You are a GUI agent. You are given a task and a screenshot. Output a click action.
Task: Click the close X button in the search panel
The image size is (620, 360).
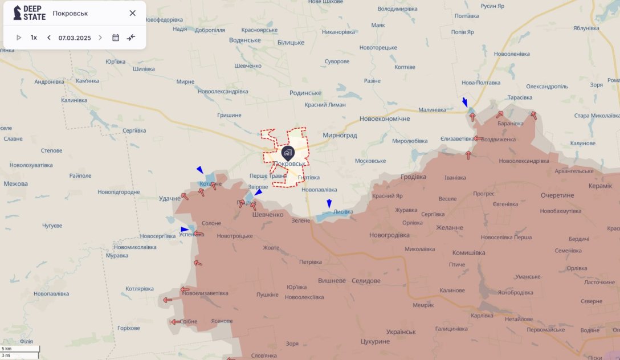[x=132, y=13]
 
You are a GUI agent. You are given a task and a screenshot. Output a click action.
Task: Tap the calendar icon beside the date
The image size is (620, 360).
[x=116, y=38]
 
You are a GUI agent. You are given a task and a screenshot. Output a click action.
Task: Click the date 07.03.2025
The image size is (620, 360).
[x=75, y=38]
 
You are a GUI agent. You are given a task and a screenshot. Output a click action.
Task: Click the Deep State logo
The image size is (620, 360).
[x=29, y=13]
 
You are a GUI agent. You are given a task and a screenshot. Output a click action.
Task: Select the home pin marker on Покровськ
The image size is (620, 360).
[x=288, y=153]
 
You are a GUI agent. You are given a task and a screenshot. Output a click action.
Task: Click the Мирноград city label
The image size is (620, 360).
[x=340, y=135]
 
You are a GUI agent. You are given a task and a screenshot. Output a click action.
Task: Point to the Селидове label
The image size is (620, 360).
[x=366, y=281]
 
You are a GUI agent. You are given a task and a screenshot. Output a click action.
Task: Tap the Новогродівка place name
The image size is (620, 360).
[x=389, y=235]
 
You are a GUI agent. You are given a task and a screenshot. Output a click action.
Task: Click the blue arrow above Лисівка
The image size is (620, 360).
[x=329, y=203]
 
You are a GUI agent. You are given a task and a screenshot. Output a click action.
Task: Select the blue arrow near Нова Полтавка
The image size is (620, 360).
[x=465, y=103]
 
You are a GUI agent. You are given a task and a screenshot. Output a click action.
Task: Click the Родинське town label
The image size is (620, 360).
[x=305, y=93]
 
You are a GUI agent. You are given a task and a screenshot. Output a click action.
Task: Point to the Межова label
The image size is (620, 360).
[x=15, y=184]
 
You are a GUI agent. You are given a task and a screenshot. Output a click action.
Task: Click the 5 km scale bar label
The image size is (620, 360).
[x=7, y=349]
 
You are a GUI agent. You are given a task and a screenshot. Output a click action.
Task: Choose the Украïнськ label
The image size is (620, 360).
[x=401, y=332]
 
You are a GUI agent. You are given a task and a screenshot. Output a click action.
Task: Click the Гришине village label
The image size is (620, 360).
[x=229, y=115]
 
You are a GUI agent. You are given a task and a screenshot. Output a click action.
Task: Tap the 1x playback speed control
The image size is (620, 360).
[x=34, y=38]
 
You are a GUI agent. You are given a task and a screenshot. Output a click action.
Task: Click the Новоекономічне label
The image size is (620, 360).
[x=385, y=118]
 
